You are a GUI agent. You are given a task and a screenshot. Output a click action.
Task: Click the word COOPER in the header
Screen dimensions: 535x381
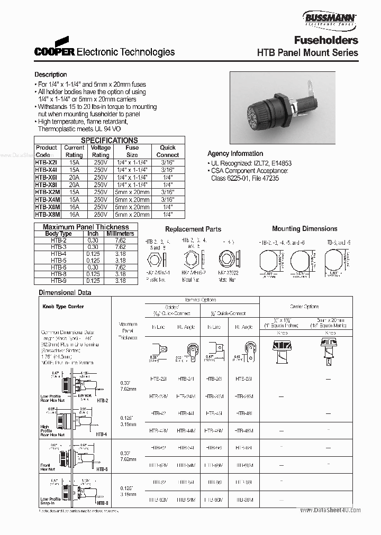coord(55,52)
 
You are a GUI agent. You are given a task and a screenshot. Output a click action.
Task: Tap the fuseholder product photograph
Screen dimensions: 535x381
coord(282,108)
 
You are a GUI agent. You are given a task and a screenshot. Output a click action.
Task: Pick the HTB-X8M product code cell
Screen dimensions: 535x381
coord(47,215)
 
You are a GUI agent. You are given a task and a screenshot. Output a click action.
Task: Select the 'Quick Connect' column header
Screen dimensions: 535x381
coord(167,151)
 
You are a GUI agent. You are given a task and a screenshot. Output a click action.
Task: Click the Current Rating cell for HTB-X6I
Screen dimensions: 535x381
coord(74,178)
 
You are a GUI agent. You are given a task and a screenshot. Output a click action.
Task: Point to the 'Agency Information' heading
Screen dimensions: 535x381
coord(235,153)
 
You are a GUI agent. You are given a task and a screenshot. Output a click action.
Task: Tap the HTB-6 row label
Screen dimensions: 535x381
coord(58,267)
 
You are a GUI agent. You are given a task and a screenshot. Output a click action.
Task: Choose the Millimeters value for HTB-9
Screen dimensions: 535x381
coord(120,281)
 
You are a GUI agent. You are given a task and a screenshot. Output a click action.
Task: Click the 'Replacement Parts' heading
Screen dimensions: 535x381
coord(193,229)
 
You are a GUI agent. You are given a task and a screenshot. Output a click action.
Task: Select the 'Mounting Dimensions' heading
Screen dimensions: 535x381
coord(304,229)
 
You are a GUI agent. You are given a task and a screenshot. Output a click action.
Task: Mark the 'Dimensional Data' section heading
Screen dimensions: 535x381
coord(63,292)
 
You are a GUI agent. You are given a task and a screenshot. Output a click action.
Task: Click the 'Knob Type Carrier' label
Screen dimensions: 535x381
coord(62,307)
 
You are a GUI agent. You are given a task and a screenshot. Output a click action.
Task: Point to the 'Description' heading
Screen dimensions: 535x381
coord(51,75)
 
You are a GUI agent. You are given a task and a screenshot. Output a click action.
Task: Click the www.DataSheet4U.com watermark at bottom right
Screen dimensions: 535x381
coord(330,510)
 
